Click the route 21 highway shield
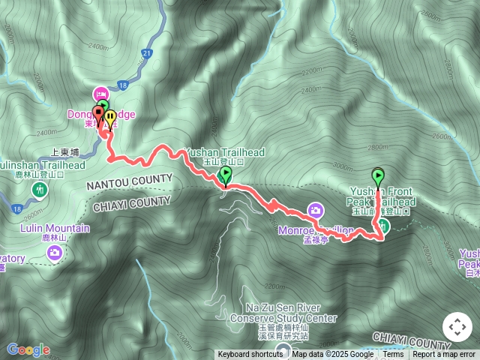click(146, 52)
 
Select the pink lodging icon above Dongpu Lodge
click(100, 94)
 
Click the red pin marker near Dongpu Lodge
click(98, 115)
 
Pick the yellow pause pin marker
click(111, 118)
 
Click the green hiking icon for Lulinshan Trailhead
click(38, 190)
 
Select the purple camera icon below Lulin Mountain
click(54, 253)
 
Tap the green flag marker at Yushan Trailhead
click(226, 175)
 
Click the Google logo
click(28, 349)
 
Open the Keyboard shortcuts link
click(250, 355)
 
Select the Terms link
click(393, 355)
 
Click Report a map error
click(444, 355)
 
